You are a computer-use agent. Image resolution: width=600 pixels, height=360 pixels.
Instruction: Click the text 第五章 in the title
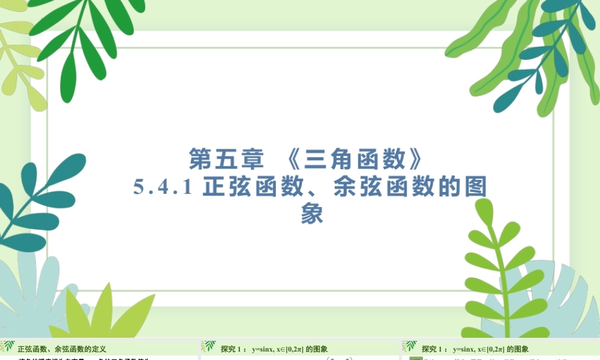click(x=226, y=160)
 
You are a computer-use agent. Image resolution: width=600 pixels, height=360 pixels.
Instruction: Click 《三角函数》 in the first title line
click(x=350, y=160)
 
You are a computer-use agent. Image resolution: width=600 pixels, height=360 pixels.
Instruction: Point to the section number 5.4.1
click(x=162, y=187)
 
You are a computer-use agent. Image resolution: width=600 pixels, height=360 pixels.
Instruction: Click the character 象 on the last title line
click(x=312, y=214)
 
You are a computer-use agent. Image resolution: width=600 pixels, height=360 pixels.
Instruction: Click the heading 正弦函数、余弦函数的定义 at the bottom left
click(x=62, y=349)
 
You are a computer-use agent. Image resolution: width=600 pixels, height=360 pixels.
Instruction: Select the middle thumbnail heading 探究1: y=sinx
click(x=274, y=349)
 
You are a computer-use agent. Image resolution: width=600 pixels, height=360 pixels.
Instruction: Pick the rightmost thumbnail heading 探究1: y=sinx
click(x=475, y=349)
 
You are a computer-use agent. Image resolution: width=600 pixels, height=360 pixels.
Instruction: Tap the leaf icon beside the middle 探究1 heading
click(x=209, y=347)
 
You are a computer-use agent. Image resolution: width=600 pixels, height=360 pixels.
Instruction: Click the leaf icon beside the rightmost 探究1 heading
click(x=410, y=347)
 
